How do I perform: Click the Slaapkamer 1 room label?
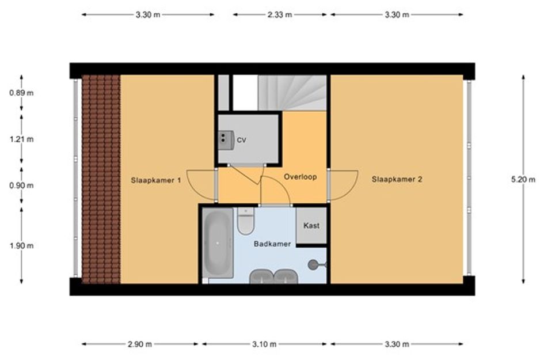156,180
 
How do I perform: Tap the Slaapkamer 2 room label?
397,179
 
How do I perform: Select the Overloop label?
300,177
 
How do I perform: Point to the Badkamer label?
272,244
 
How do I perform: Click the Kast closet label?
311,226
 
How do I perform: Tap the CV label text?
241,140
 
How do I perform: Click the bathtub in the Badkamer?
218,243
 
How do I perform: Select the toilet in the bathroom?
246,221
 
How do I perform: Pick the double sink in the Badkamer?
274,276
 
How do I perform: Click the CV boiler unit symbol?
226,140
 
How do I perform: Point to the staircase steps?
292,93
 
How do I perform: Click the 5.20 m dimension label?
523,179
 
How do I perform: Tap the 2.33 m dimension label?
280,14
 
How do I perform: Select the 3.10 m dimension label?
264,344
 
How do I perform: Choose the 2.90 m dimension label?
140,344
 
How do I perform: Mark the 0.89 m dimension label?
21,93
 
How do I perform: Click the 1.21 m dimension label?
21,139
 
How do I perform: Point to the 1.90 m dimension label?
21,246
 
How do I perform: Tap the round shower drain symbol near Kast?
313,265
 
